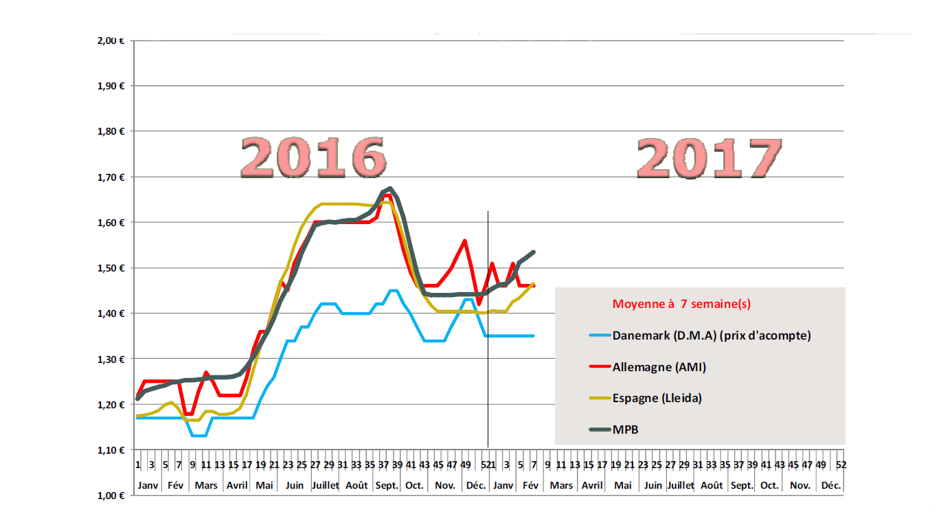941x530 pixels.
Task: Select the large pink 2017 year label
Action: [x=710, y=159]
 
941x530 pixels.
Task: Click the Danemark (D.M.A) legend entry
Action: [x=712, y=335]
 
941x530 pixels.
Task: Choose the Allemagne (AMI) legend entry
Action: [x=659, y=367]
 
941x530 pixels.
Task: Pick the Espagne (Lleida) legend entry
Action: [x=657, y=398]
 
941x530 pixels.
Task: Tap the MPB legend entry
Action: [x=626, y=430]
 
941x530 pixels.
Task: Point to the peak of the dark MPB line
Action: [x=390, y=188]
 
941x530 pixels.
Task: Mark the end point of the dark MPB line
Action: [x=534, y=252]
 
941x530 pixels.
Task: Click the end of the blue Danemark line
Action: [x=534, y=335]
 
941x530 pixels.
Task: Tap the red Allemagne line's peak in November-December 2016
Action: [x=465, y=241]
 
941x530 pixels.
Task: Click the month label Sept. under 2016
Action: [x=386, y=485]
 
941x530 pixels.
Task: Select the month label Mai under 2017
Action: [x=623, y=485]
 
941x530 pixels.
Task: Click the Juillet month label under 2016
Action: [x=325, y=485]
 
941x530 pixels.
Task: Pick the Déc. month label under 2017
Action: [x=831, y=485]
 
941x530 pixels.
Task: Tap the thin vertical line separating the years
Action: [x=488, y=330]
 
